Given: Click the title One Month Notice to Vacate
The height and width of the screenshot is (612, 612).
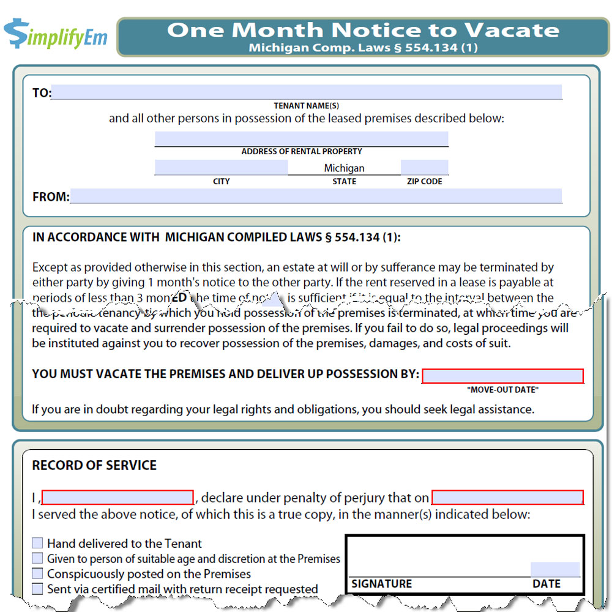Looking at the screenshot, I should [x=363, y=30].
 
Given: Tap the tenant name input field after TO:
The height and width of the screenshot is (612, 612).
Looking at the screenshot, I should [x=306, y=92].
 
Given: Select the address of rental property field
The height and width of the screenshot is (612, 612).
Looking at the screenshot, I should [x=301, y=139].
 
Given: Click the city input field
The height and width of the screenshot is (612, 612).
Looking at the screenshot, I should [x=221, y=167].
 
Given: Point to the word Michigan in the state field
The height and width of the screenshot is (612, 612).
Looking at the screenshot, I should [x=344, y=168].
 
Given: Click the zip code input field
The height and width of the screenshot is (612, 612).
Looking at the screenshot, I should [x=424, y=167].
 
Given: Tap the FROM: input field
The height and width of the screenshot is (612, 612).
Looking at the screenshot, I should [x=316, y=196].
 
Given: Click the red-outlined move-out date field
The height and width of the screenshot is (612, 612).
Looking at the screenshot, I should [x=502, y=376].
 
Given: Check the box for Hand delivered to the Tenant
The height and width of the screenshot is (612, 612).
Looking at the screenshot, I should [x=38, y=543].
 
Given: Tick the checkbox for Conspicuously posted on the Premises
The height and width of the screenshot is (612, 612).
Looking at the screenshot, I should [x=38, y=573].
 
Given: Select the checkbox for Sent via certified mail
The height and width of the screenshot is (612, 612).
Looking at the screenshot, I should [x=38, y=589].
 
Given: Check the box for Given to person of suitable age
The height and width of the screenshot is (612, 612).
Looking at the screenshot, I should [x=38, y=558].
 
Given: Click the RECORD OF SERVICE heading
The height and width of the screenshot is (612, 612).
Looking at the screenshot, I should [x=94, y=465].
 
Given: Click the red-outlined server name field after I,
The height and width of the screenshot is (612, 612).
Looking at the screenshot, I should [x=118, y=497].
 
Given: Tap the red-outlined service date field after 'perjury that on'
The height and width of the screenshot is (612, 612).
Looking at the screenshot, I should [x=507, y=497].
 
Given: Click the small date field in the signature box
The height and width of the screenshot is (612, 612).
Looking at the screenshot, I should [x=554, y=569].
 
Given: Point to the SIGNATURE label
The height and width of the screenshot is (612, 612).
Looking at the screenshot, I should [x=382, y=584].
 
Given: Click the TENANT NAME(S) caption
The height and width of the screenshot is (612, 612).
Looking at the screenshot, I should [x=306, y=106].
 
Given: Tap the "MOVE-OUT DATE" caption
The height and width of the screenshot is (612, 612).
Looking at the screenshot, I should [x=502, y=390].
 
